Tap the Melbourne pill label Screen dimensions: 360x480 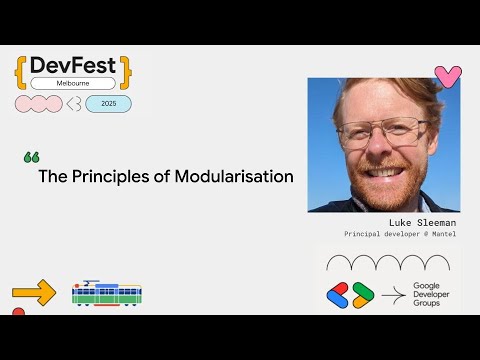[x=73, y=85]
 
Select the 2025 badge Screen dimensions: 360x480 [x=108, y=104]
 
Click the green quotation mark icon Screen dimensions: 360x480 [x=30, y=158]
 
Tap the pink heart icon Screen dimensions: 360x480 [x=447, y=76]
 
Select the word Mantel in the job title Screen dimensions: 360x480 [x=441, y=234]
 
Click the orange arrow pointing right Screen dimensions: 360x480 [x=34, y=294]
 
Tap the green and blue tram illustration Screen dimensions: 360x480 [x=106, y=293]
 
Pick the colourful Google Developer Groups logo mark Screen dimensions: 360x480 [x=350, y=295]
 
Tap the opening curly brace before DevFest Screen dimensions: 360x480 [x=22, y=70]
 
